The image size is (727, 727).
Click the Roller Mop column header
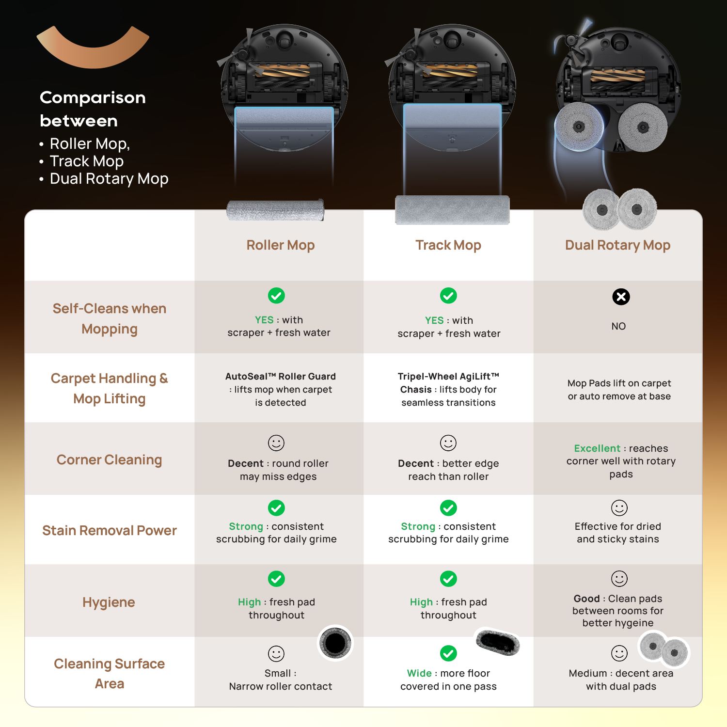coord(281,245)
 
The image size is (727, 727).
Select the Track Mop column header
coord(448,245)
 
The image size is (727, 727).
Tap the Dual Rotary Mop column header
coord(617,245)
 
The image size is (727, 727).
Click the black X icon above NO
coord(621,297)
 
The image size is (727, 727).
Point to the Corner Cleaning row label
coord(109,459)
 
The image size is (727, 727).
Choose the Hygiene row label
coord(109,602)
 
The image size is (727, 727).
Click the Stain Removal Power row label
coord(109,530)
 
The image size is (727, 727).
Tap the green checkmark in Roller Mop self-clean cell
coord(276,295)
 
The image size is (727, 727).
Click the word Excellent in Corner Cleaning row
coord(597,448)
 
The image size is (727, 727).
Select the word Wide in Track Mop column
coord(419,673)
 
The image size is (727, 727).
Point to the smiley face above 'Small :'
coord(276,653)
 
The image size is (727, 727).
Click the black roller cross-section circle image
coord(335,643)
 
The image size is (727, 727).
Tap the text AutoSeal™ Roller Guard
coord(281,377)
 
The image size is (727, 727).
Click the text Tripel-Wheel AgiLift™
coord(448,377)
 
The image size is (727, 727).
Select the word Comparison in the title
coord(93,97)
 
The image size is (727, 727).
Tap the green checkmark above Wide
coord(448,653)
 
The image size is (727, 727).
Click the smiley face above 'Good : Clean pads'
coord(619,579)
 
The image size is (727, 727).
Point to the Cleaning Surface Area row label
coord(109,673)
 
